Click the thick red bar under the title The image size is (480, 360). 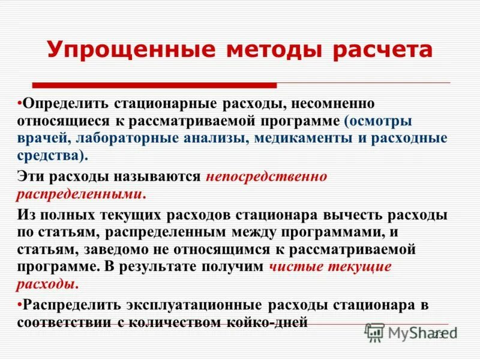pos(154,85)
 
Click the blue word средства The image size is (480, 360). pos(49,156)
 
